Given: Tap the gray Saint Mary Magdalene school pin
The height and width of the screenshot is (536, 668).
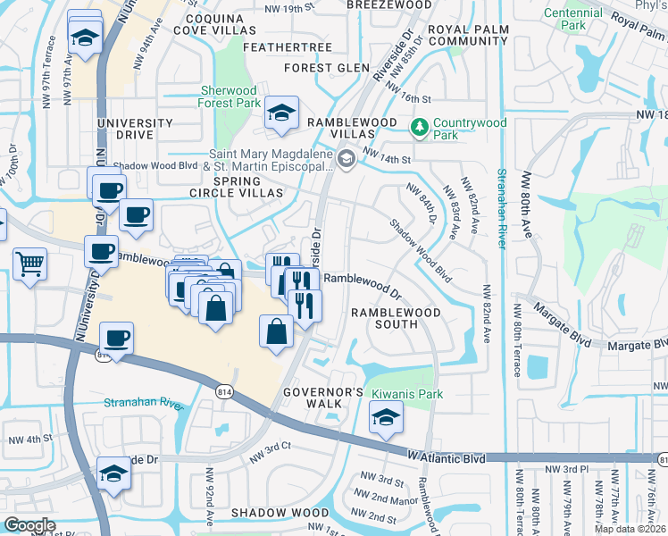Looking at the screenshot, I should point(347,159).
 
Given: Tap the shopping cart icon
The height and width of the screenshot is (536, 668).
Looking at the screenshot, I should point(30,264).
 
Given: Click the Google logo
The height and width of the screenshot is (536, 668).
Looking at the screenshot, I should point(29,524).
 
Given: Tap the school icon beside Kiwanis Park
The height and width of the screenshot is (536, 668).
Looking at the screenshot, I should point(385,417).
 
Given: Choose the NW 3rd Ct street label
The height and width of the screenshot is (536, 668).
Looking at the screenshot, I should point(271,451).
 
